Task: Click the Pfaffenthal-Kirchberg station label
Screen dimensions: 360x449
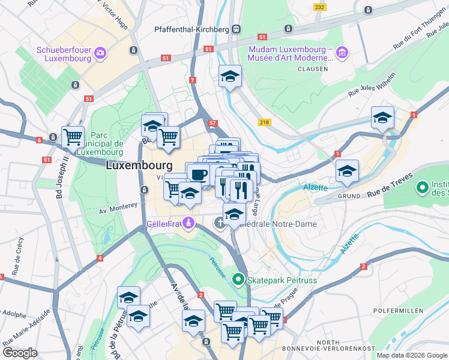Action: click(192, 29)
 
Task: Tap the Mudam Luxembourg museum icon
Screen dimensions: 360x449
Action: click(342, 53)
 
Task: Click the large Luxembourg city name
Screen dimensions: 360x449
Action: click(139, 166)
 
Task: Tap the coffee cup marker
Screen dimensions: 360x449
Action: click(199, 174)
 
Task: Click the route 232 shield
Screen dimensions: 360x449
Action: click(319, 7)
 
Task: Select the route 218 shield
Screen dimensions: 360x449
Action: click(265, 122)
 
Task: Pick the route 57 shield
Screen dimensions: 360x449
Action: click(212, 123)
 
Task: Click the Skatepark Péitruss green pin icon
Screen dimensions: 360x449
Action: click(238, 279)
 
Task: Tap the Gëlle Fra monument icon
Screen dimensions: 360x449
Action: click(189, 223)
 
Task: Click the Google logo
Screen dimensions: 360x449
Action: click(20, 353)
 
